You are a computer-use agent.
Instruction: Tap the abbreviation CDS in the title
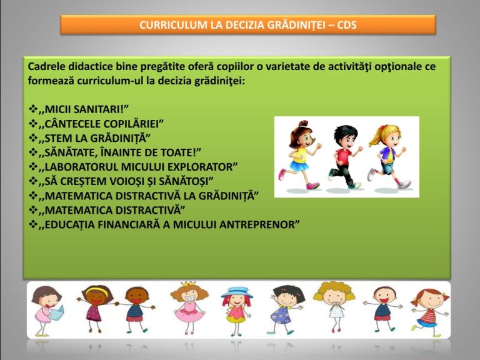click(347, 25)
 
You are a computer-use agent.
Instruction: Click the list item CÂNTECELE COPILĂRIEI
click(101, 124)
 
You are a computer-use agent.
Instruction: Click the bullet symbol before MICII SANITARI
click(33, 109)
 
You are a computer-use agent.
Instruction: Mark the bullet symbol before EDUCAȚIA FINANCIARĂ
click(33, 224)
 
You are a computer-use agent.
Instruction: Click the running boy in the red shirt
click(345, 157)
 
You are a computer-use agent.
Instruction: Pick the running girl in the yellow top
click(300, 155)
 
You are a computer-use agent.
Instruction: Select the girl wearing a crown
click(189, 307)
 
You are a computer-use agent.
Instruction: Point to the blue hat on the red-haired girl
click(237, 292)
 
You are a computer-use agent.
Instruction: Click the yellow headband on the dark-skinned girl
click(97, 291)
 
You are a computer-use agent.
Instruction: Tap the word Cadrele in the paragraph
click(46, 67)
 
